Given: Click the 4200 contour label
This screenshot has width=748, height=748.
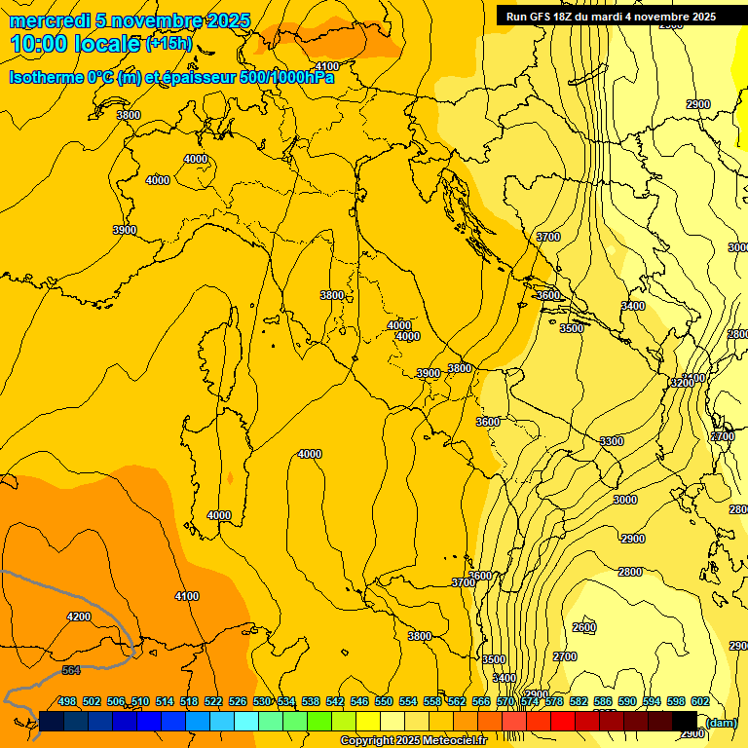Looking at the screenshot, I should (x=79, y=617).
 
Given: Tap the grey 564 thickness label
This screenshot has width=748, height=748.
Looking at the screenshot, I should (x=71, y=670).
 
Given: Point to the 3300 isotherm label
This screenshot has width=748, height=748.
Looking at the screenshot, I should (x=611, y=441).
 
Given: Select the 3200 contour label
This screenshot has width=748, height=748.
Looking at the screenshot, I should (x=682, y=383).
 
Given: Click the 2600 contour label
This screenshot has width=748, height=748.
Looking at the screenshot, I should (x=583, y=627).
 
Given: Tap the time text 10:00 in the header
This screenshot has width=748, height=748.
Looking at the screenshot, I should (x=44, y=43).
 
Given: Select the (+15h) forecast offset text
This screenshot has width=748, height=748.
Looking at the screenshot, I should (x=168, y=43).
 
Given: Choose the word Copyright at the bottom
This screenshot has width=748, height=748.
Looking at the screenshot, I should (x=366, y=741).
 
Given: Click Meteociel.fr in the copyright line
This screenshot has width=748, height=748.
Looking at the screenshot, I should (x=455, y=741).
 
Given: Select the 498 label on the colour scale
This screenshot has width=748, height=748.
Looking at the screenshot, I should (x=67, y=701).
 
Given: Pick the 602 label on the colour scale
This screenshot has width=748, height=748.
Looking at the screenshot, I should (x=699, y=701).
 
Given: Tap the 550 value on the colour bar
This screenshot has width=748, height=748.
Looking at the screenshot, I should (x=383, y=701).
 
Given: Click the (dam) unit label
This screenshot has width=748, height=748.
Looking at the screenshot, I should (x=722, y=722).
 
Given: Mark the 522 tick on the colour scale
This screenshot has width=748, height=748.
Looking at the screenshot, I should (x=213, y=701).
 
